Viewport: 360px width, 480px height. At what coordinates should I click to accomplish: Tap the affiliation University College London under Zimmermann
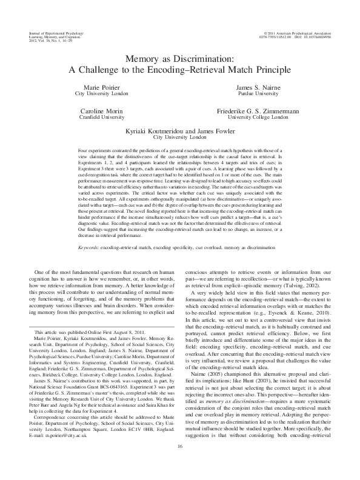pyautogui.click(x=260, y=119)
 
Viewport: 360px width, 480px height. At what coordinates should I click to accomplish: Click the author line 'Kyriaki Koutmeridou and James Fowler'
pyautogui.click(x=179, y=131)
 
